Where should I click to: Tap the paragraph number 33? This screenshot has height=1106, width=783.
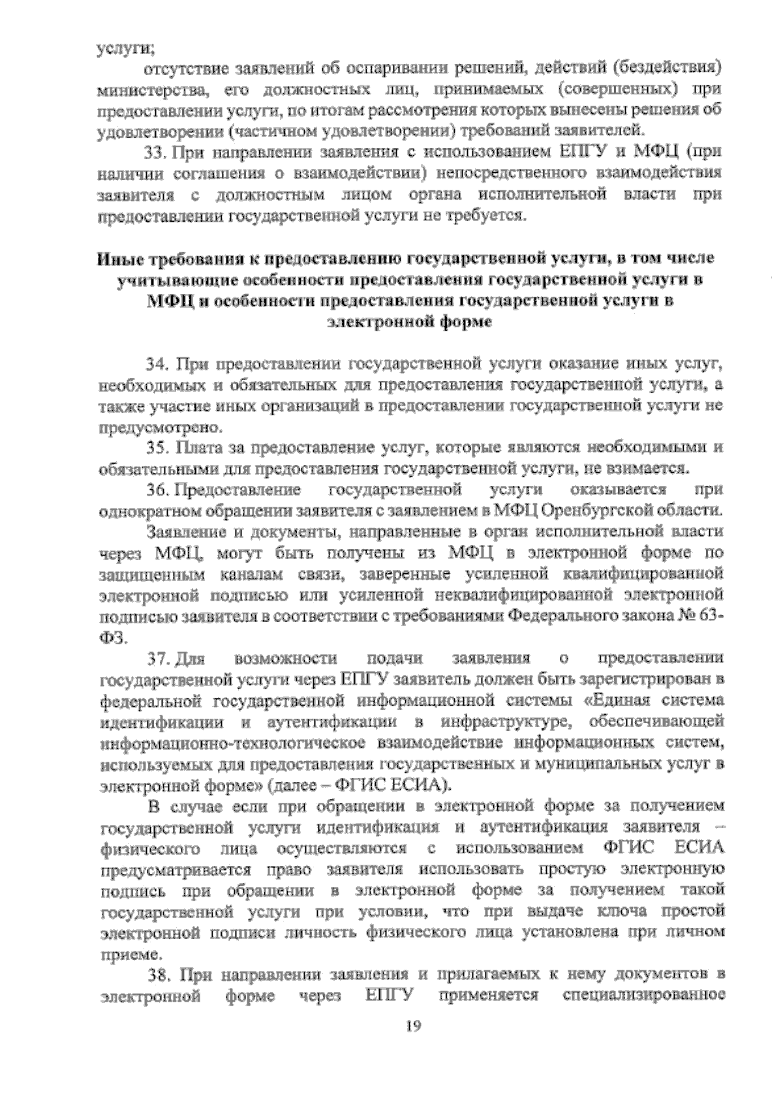[157, 153]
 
